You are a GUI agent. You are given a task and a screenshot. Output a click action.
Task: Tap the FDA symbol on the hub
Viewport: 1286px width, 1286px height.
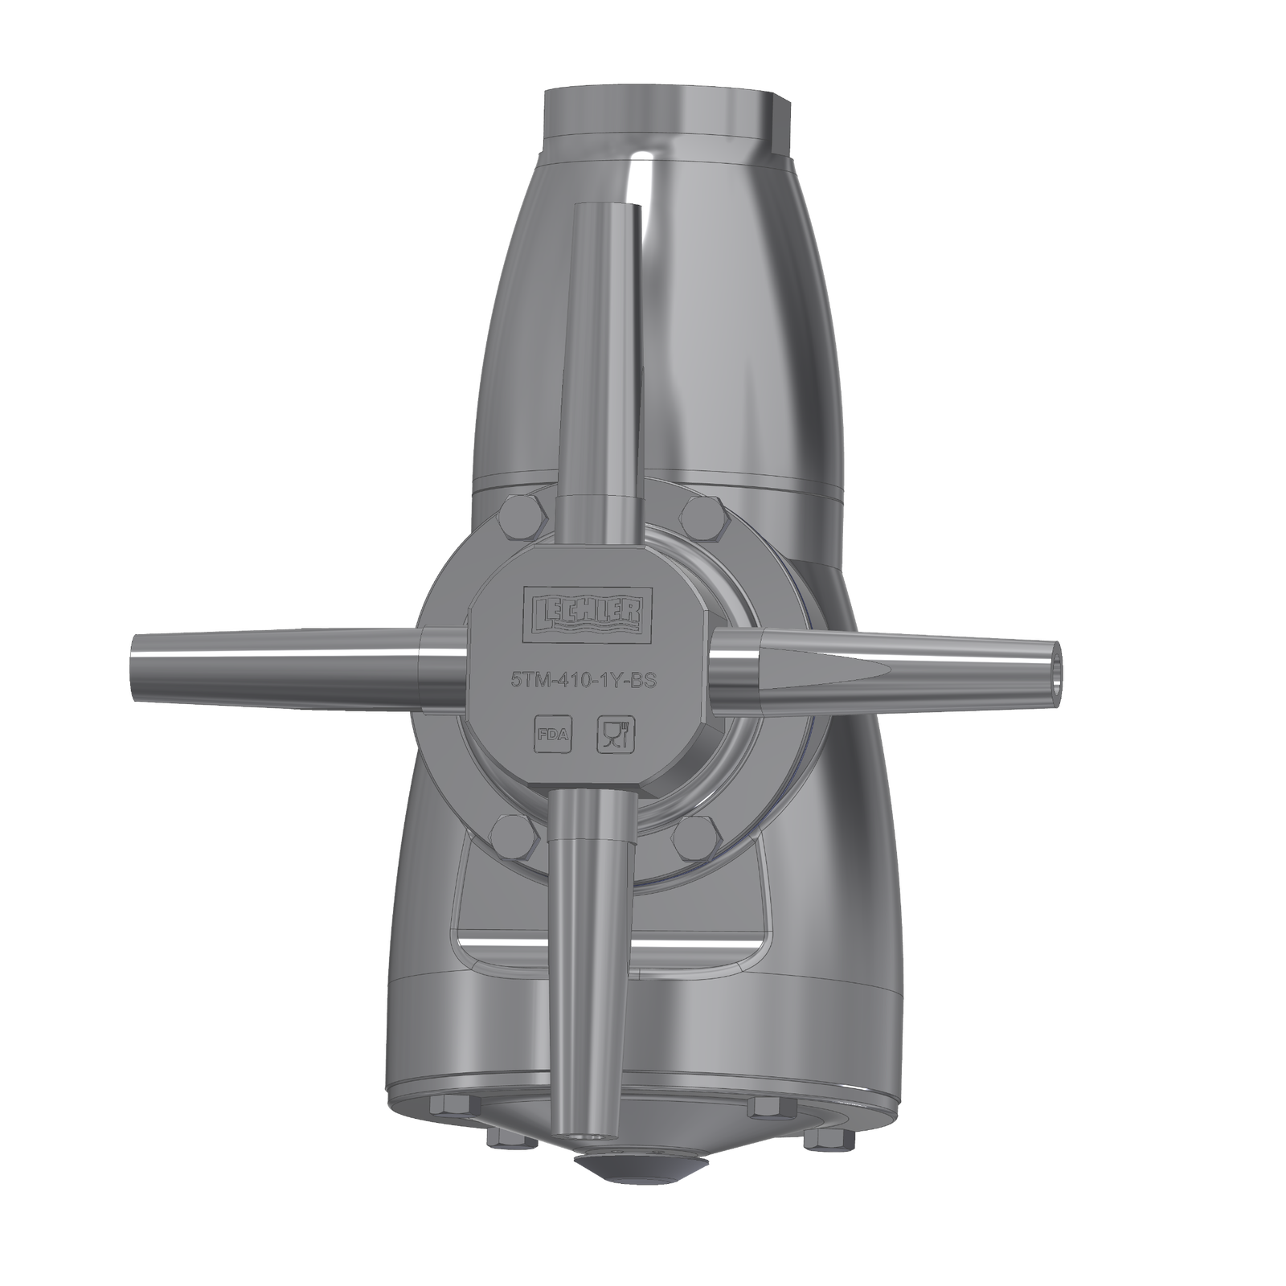pyautogui.click(x=553, y=735)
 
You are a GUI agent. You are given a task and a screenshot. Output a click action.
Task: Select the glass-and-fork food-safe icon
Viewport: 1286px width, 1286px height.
pyautogui.click(x=616, y=735)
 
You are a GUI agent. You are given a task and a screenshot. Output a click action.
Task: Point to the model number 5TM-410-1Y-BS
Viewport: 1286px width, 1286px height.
pyautogui.click(x=584, y=681)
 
